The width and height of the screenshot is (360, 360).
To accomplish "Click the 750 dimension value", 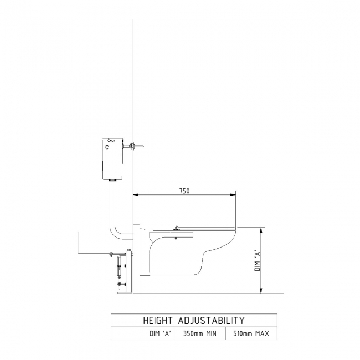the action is tap(184, 191).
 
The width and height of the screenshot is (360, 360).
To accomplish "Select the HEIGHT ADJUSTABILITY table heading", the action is tap(194, 321).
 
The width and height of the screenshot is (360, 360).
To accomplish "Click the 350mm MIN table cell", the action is tap(200, 333).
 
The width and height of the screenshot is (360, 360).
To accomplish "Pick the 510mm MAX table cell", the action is tap(251, 333).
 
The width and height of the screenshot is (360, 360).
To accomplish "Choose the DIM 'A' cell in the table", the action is tap(160, 333).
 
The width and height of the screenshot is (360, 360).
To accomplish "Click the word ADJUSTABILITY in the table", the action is tap(212, 321).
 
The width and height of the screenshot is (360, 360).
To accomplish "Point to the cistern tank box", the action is tap(112, 158).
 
